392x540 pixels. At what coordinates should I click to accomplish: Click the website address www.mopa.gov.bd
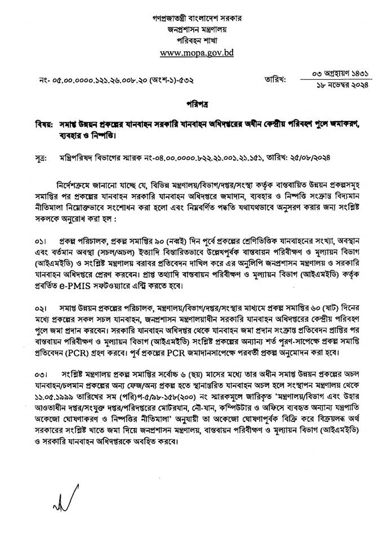[x=196, y=53]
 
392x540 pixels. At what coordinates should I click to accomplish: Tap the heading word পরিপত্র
[x=195, y=105]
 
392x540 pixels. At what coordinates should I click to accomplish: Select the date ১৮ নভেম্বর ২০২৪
[x=344, y=87]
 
